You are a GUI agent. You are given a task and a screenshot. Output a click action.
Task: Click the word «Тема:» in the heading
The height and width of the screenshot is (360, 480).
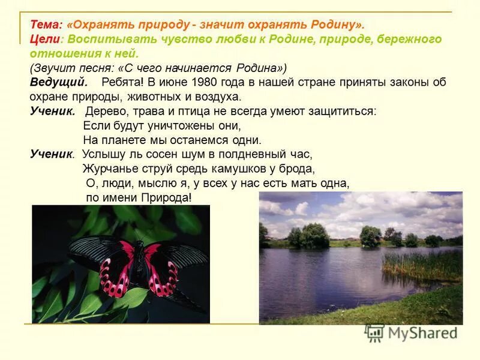point(46,25)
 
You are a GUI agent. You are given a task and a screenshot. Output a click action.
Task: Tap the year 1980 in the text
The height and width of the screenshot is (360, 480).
point(200,82)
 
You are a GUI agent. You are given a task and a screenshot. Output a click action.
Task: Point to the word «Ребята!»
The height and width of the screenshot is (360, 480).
point(122,82)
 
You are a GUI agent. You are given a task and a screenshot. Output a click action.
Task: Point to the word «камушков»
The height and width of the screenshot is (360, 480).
point(232,169)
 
